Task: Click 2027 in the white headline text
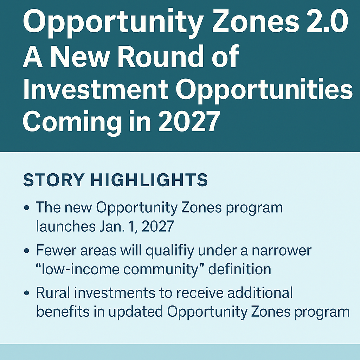[x=189, y=121]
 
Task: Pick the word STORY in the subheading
[x=54, y=180]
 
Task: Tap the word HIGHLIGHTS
[x=149, y=180]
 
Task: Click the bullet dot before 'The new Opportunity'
[x=27, y=208]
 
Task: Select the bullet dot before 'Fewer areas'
[x=27, y=250]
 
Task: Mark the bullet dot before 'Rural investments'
[x=27, y=293]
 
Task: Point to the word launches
[x=66, y=226]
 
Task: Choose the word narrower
[x=282, y=251]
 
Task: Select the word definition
[x=239, y=269]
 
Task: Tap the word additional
[x=260, y=292]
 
